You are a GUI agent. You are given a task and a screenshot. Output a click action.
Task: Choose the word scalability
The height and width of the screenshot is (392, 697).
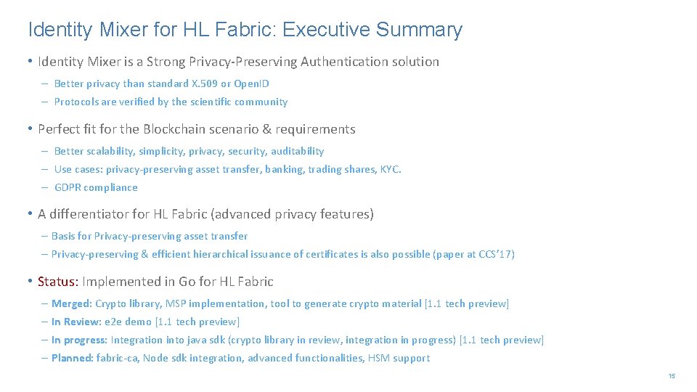click(x=111, y=151)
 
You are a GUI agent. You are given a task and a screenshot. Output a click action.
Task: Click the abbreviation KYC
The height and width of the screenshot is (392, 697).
click(x=390, y=169)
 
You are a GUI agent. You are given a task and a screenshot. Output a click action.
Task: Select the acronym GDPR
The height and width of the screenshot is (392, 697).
click(x=68, y=187)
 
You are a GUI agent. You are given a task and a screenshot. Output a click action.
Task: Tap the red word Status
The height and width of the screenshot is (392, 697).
click(x=57, y=281)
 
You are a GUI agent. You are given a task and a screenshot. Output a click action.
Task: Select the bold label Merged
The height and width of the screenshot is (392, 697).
click(x=71, y=303)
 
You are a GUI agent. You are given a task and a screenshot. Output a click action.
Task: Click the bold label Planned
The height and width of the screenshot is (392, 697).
click(x=73, y=358)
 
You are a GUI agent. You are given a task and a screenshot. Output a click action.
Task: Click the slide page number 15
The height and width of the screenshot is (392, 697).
click(x=672, y=376)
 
